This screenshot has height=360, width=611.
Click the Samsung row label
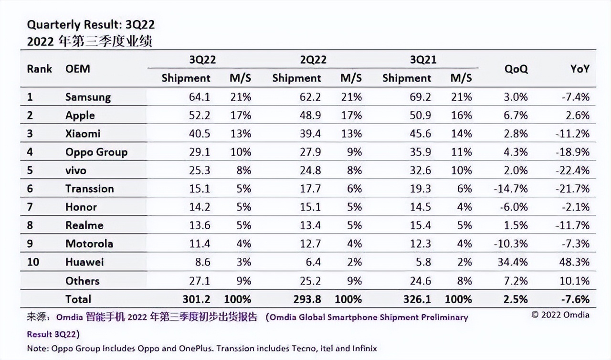(x=88, y=97)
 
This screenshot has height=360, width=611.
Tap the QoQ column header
(x=516, y=69)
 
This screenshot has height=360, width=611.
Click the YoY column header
(x=579, y=69)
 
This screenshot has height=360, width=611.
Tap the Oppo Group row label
(x=96, y=152)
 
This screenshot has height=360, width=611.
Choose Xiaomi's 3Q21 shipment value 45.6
(x=421, y=134)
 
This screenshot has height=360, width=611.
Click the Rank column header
(x=39, y=69)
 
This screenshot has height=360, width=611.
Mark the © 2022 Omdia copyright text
(x=560, y=315)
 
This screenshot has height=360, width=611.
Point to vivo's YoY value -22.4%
(x=573, y=170)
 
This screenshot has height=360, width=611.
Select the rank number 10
(x=33, y=262)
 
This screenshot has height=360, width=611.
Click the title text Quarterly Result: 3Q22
(x=91, y=25)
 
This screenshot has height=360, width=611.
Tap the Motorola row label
(x=89, y=244)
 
